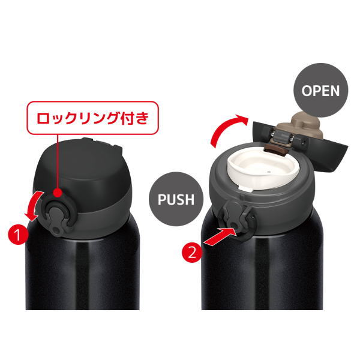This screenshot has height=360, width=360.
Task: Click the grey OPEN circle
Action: click(321, 90)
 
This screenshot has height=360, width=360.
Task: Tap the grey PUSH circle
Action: click(176, 199)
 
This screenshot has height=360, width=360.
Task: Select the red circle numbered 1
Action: click(18, 235)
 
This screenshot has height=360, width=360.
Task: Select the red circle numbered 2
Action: click(192, 253)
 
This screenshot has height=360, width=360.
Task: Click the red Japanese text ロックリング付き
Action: click(93, 118)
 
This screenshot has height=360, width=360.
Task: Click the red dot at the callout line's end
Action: click(58, 193)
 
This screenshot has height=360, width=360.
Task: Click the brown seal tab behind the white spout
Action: click(276, 150)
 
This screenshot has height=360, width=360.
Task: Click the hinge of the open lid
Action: click(282, 136)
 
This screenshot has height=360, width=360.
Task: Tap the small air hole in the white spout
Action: click(268, 171)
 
